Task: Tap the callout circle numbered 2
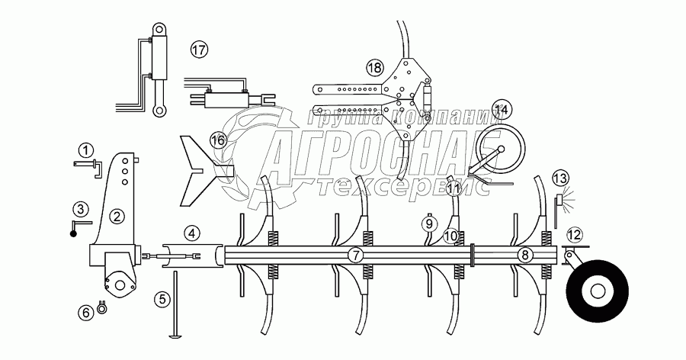[116, 216]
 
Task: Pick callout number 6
[86, 310]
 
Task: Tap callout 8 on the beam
[524, 255]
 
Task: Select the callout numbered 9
[428, 224]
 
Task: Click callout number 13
[560, 178]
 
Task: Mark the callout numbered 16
[217, 140]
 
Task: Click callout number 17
[199, 50]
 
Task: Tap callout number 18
[373, 67]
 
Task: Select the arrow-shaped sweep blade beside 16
[198, 169]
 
